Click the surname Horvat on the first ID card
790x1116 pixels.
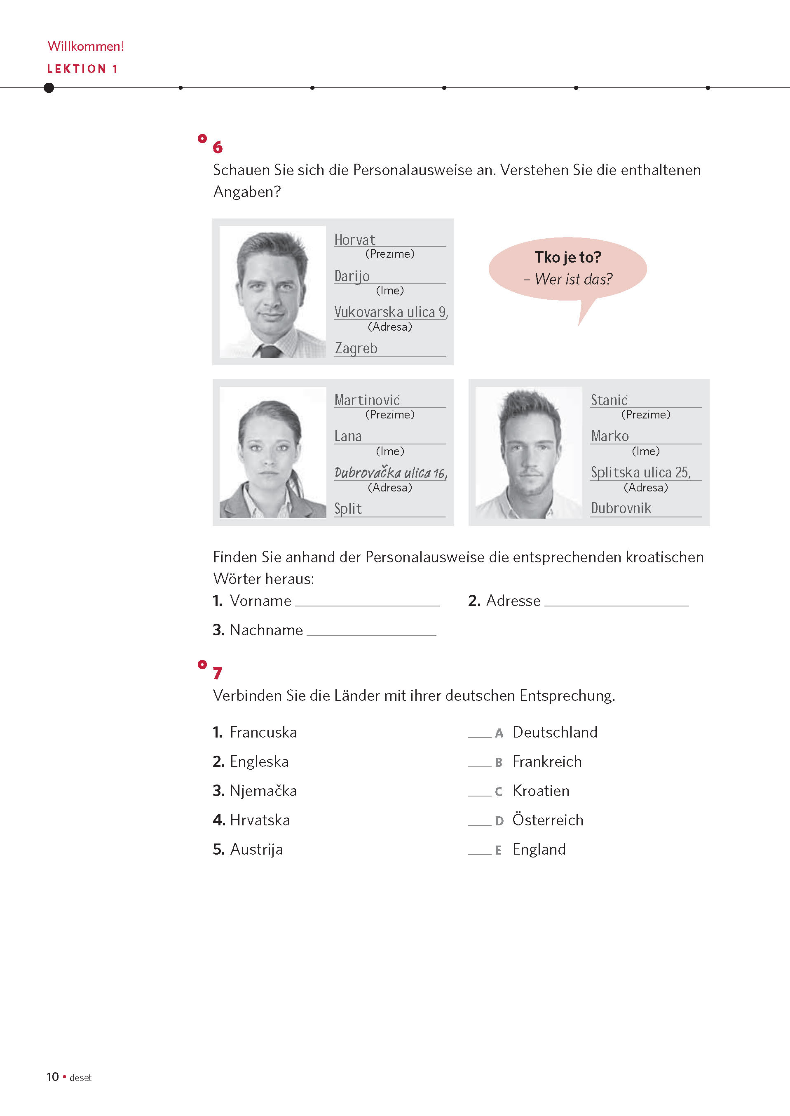point(355,240)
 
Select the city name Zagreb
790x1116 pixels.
point(356,348)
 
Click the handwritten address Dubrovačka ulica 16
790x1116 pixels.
point(390,472)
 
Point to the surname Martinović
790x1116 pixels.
point(367,400)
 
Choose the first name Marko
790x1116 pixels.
point(609,436)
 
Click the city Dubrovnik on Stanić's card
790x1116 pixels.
point(621,509)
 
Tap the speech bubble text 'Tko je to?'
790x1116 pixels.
point(568,257)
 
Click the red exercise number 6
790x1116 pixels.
point(218,147)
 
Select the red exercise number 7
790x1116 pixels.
point(218,673)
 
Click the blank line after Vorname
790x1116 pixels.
point(367,603)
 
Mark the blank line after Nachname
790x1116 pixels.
point(371,632)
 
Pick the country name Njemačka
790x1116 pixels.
point(263,791)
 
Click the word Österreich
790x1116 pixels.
point(548,820)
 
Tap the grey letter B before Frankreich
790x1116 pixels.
point(499,763)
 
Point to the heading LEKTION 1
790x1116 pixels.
point(82,69)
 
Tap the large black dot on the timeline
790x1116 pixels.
point(49,87)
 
